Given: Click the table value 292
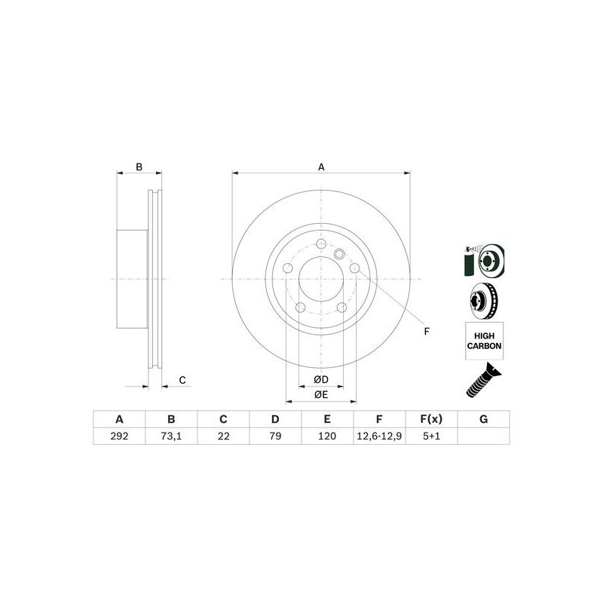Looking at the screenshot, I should (x=118, y=435).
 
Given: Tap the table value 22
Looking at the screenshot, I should (x=223, y=435).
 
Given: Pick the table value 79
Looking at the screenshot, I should (x=275, y=435).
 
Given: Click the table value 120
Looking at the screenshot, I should (x=327, y=435).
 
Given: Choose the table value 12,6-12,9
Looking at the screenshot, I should (x=379, y=435).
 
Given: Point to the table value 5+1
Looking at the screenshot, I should (x=431, y=435).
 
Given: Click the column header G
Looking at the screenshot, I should (x=483, y=419).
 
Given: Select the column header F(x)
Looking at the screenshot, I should (x=431, y=419).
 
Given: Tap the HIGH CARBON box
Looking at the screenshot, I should (x=483, y=341).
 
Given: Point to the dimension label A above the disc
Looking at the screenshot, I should (x=321, y=167).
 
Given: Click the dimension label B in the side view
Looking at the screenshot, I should (x=138, y=167).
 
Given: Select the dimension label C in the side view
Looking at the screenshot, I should (x=182, y=380).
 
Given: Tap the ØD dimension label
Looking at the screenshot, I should (x=320, y=379).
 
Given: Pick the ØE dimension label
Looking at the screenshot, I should (x=320, y=394).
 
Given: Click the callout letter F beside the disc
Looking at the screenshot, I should (x=426, y=332).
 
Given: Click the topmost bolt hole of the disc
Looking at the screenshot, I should (x=321, y=244).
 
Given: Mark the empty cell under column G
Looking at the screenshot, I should (x=483, y=435).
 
